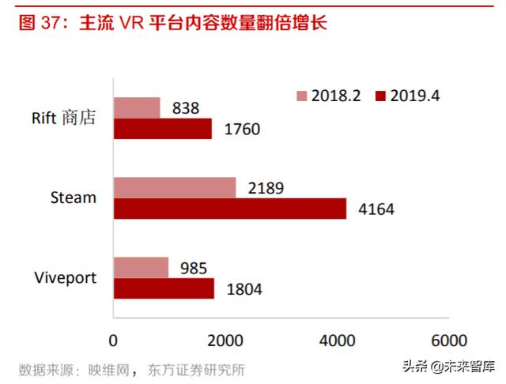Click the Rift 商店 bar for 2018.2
point(137,107)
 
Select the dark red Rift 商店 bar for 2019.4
point(163,128)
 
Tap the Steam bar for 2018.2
point(175,187)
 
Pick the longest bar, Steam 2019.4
point(230,208)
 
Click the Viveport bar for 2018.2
point(141,267)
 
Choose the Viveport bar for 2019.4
point(164,288)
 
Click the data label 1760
point(240,129)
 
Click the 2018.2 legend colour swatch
point(300,96)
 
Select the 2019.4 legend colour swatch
point(380,96)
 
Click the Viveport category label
point(65,277)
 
